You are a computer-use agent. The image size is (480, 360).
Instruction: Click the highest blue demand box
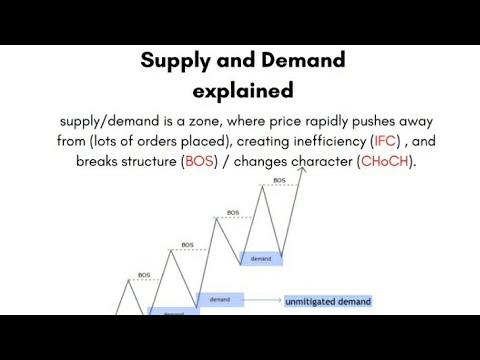coord(261,257)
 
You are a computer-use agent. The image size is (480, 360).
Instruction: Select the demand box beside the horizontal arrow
coord(219,299)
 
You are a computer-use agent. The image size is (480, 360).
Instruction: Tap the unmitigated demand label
coord(327,300)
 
